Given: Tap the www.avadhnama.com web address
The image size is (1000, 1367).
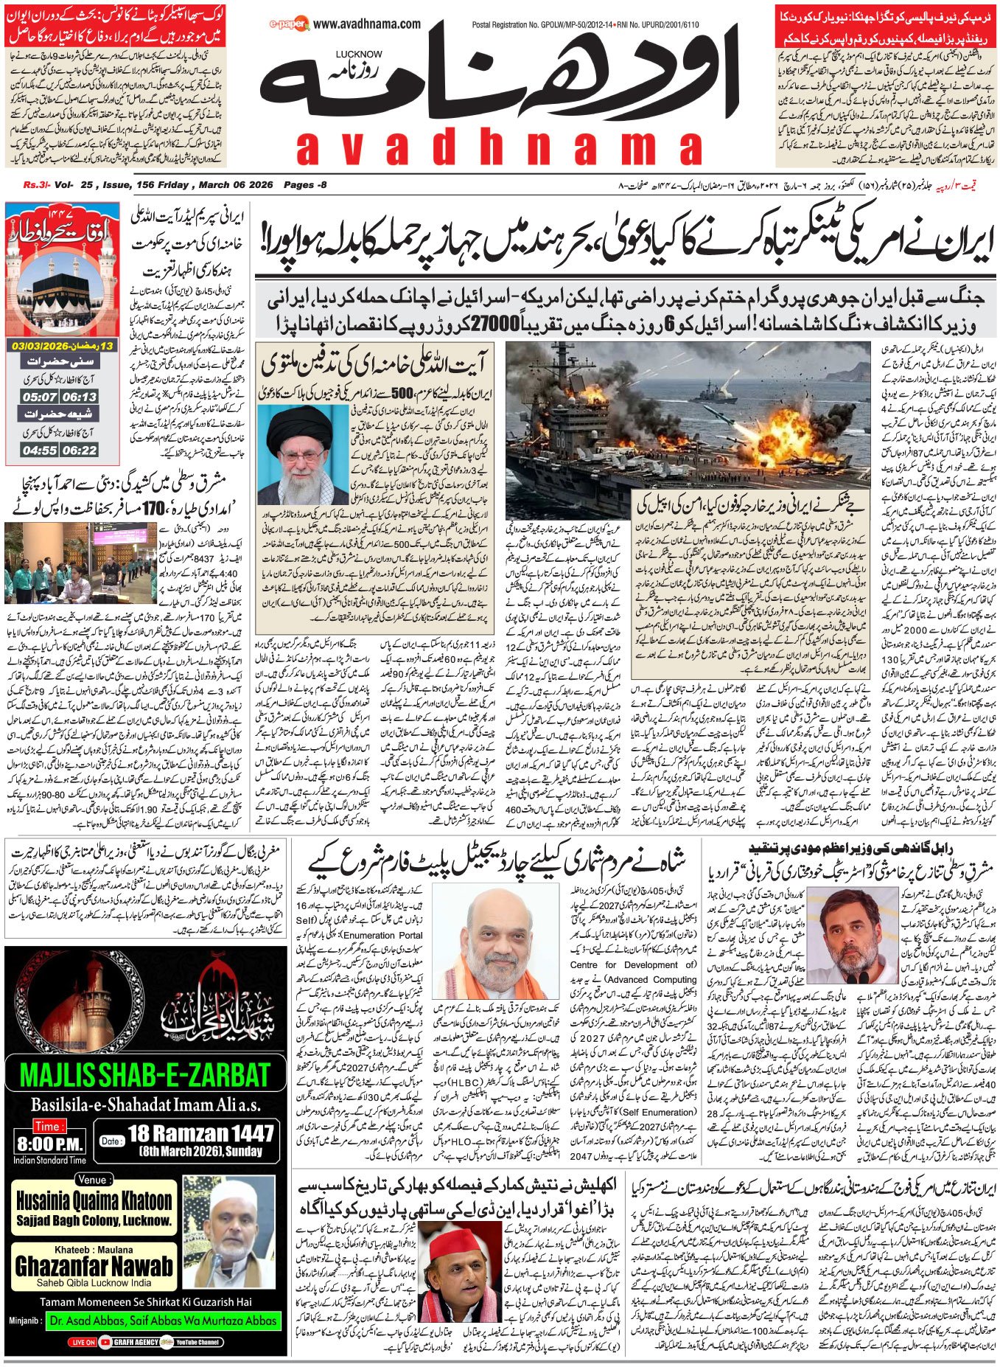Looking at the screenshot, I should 366,24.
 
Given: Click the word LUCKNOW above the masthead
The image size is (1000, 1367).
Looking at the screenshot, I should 359,54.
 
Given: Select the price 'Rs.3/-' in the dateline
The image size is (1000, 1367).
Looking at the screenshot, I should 36,184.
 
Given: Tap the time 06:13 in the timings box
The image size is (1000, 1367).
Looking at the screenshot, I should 79,397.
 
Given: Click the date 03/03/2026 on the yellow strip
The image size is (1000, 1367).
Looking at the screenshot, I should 43,345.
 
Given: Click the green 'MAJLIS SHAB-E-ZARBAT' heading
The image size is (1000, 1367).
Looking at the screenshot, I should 144,1074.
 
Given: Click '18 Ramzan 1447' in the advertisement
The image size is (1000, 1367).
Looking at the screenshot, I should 200,1133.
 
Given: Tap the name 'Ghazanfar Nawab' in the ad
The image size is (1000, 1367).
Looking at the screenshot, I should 94,1266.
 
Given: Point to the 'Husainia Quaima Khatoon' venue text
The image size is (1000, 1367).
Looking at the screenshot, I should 94,1200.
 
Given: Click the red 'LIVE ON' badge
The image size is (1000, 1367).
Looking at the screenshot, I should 83,1342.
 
